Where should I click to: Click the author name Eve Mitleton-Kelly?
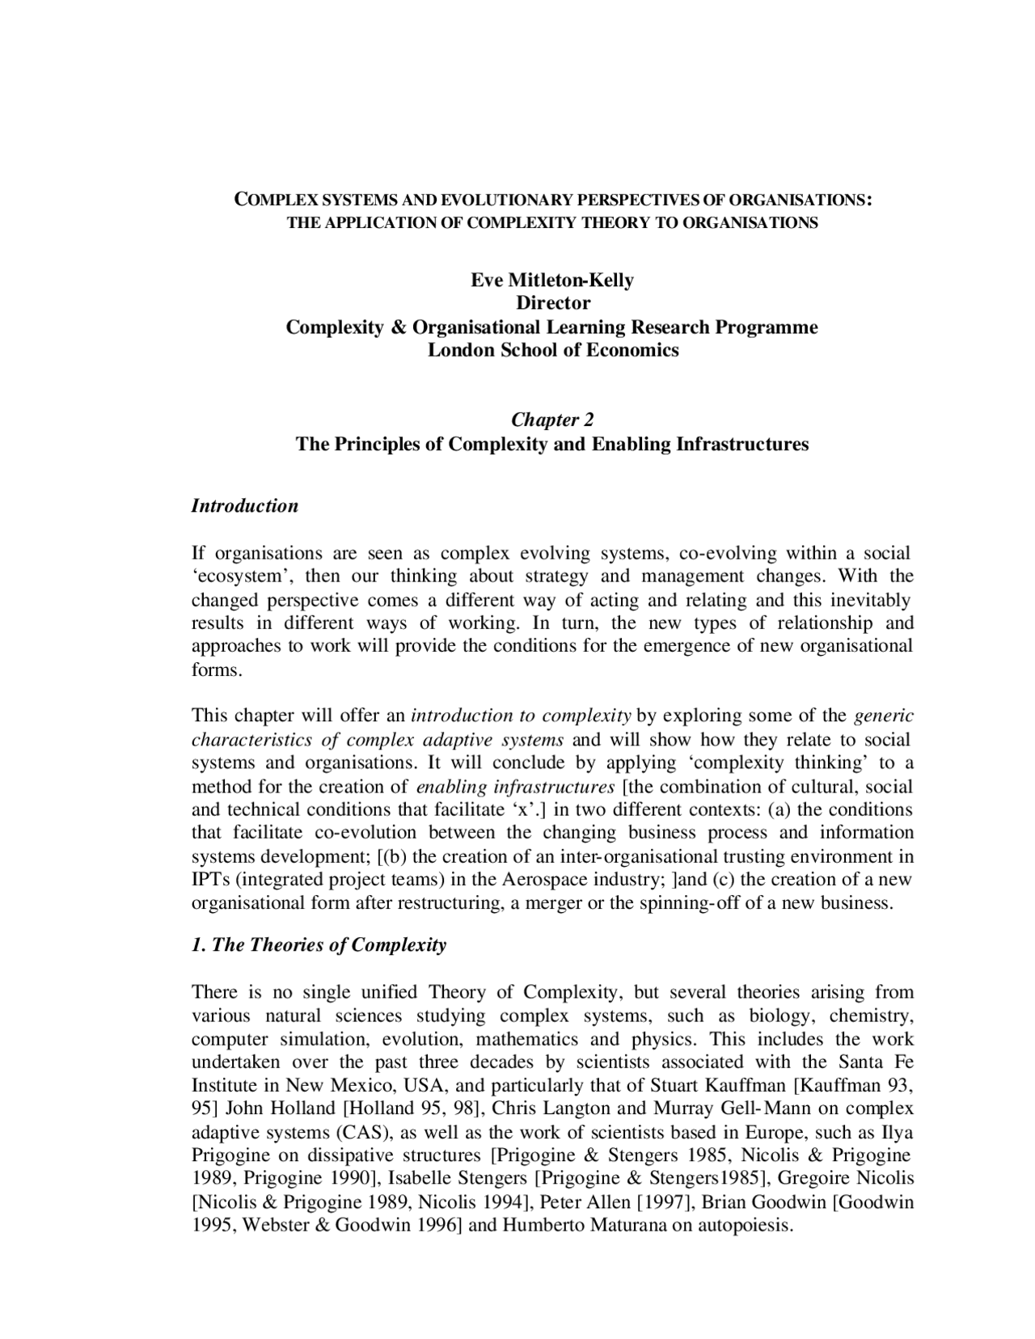[x=552, y=281]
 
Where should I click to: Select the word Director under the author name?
[x=553, y=303]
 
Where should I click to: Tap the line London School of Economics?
[x=553, y=350]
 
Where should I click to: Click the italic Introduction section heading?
[x=244, y=506]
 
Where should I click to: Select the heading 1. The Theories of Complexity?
[x=319, y=945]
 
